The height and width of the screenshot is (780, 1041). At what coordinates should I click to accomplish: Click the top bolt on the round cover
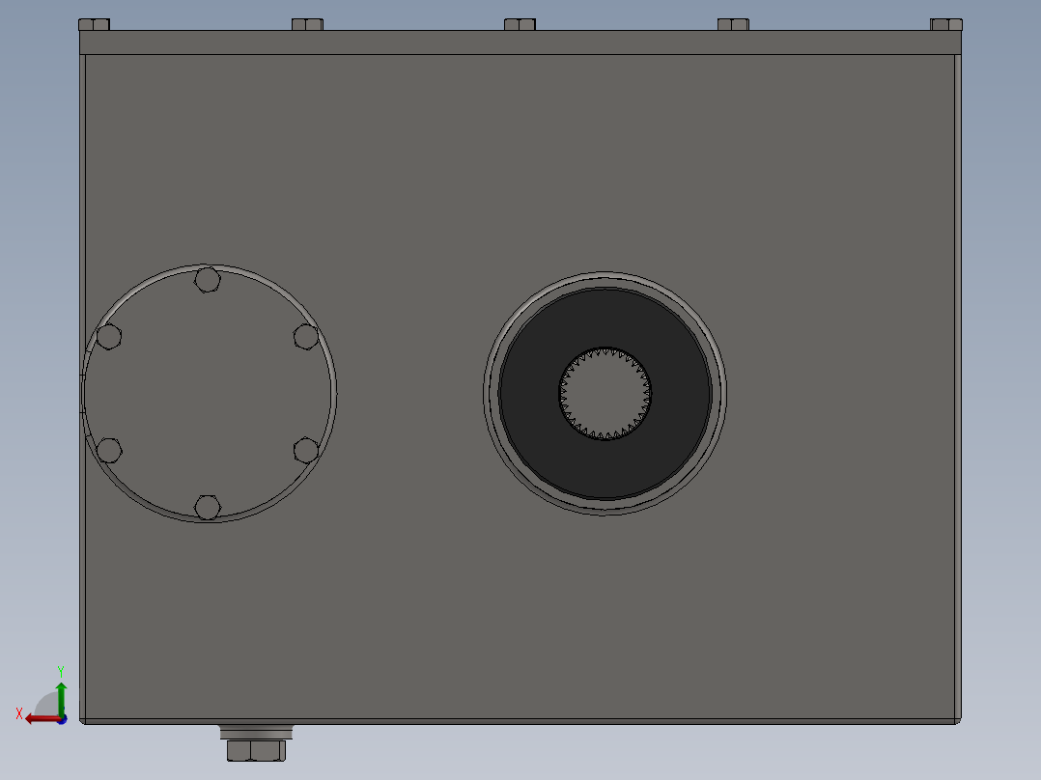(x=207, y=280)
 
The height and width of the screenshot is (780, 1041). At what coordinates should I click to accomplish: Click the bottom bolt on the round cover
(x=207, y=506)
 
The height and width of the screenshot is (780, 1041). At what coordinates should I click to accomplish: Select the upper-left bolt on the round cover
(x=109, y=336)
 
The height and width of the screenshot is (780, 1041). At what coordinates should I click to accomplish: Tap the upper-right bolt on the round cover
(x=306, y=336)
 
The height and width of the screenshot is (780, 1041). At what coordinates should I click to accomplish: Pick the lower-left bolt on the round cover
(x=109, y=450)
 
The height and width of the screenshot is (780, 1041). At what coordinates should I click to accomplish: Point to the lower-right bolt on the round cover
(x=306, y=450)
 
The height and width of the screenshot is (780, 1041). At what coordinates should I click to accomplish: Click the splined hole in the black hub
(x=605, y=393)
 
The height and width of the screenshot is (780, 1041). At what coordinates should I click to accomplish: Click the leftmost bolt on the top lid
(x=94, y=24)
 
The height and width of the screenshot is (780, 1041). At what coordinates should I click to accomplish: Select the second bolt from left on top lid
(x=307, y=24)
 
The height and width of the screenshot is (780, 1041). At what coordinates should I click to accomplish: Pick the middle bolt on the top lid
(x=520, y=24)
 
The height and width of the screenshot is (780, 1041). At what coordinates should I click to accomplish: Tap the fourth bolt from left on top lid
(x=733, y=24)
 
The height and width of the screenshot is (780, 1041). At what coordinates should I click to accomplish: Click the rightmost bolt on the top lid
(x=945, y=24)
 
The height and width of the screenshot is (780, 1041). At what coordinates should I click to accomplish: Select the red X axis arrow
(x=39, y=718)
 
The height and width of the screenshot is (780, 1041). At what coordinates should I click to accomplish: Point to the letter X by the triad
(x=19, y=713)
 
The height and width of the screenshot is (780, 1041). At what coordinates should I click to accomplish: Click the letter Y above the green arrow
(x=61, y=670)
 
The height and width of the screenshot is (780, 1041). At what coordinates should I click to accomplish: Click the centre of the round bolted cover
(x=209, y=393)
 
